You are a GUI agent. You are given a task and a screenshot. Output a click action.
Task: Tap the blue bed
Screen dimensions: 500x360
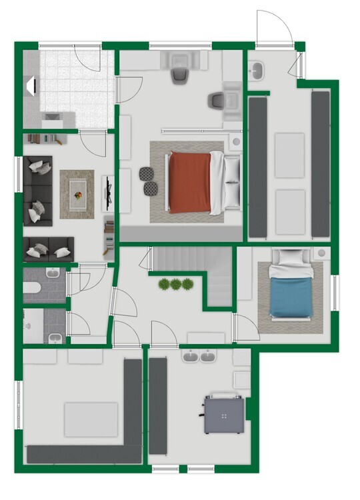coord(291,296)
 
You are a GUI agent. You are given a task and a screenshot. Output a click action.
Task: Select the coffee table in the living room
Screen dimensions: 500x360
coord(77,194)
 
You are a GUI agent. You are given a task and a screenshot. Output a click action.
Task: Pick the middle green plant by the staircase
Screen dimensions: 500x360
coord(176,285)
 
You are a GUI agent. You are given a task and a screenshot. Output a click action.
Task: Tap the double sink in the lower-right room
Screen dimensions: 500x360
coord(199,357)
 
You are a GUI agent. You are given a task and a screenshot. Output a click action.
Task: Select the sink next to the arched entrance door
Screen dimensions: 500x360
coord(257,67)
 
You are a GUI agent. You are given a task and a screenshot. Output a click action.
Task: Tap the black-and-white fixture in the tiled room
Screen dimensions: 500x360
coord(30,85)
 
